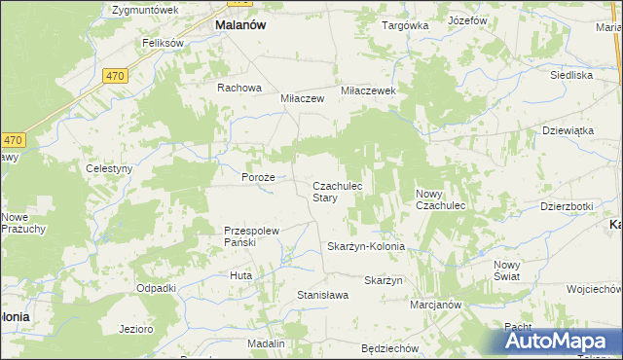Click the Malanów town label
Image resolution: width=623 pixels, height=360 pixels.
pos(240,27)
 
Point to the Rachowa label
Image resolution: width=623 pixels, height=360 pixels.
pos(239,88)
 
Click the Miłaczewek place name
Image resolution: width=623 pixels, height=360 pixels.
pos(366,90)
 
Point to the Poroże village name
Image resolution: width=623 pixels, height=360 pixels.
pos(259,178)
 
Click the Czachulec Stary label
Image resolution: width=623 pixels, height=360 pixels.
pos(337,192)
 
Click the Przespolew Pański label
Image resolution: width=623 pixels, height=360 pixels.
pos(252,236)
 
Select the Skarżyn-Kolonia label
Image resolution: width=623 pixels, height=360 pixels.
pos(365,247)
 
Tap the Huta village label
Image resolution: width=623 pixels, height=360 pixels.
pos(240,275)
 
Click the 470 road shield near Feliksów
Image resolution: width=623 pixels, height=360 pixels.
pos(115,75)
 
